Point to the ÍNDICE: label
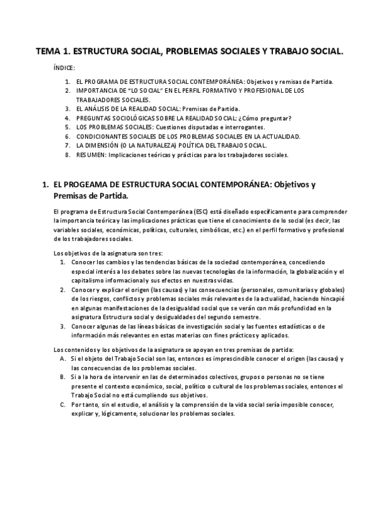click(64, 68)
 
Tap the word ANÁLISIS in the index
click(105, 108)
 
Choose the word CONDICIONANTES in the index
click(103, 136)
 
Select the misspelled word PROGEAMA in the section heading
click(88, 185)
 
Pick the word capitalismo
click(88, 281)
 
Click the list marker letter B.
click(63, 378)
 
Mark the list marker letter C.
click(63, 405)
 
